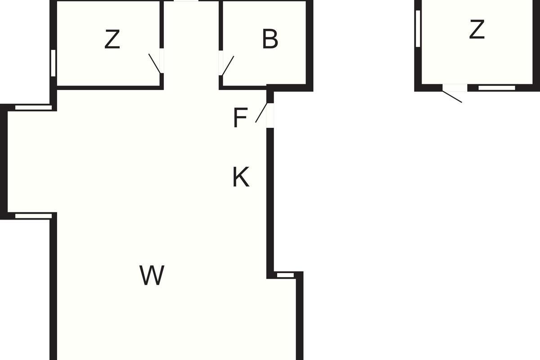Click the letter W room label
click(x=152, y=275)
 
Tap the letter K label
click(x=241, y=177)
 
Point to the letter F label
click(x=240, y=117)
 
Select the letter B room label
click(x=270, y=39)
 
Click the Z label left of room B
click(x=112, y=39)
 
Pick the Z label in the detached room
click(x=477, y=29)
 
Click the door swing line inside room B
click(x=228, y=66)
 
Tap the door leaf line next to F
click(x=261, y=112)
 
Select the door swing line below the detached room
click(x=452, y=97)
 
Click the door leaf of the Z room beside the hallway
click(x=154, y=63)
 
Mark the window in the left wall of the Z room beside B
click(x=53, y=63)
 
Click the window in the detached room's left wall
click(x=418, y=28)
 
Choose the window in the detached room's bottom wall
click(x=497, y=88)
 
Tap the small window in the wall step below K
click(x=285, y=275)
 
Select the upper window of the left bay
click(x=33, y=108)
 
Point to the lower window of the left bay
click(x=33, y=216)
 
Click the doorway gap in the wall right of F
click(x=270, y=116)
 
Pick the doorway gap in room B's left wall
click(x=220, y=63)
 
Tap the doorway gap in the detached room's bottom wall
click(x=455, y=88)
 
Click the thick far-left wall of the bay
click(x=4, y=162)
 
